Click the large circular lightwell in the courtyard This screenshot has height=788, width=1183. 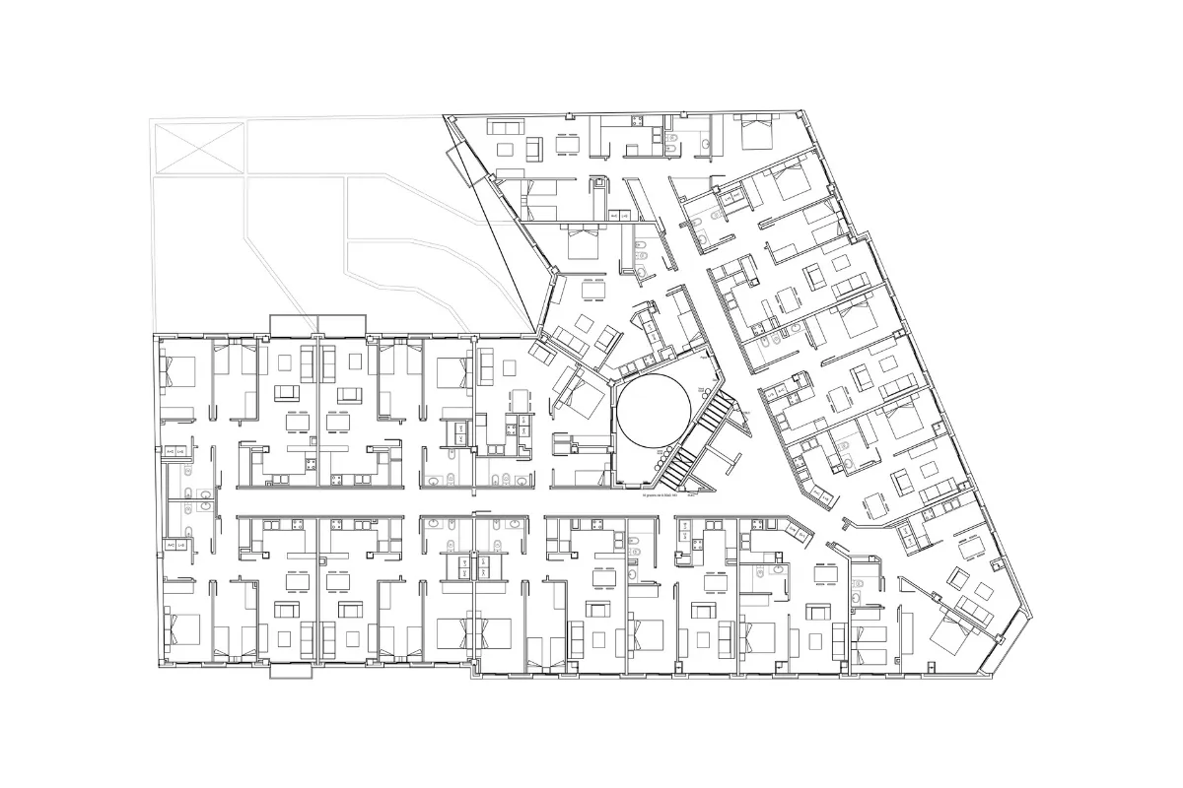tap(652, 411)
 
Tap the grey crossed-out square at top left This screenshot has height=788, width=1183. tap(197, 147)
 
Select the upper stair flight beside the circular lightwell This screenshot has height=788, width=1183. tap(720, 411)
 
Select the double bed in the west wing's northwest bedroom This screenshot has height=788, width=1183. tap(178, 373)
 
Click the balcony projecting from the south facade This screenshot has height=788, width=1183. tap(292, 672)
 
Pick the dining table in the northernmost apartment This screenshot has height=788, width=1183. tap(567, 145)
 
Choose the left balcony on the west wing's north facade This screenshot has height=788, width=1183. tap(293, 324)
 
